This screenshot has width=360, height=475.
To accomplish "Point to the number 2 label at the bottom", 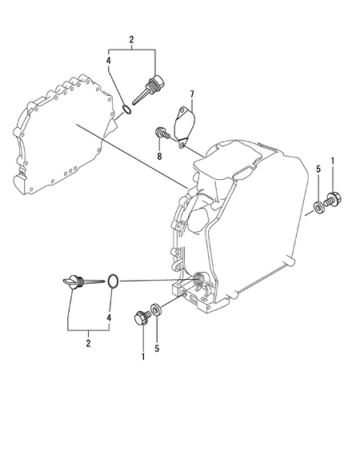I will pos(88,343).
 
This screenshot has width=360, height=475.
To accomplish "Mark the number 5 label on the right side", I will pos(318,170).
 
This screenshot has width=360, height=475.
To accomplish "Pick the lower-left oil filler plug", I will pos(74,282).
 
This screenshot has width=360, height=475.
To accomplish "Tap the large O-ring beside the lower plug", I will pos(114,281).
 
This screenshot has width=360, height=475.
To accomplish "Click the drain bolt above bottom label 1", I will pos(144,316).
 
